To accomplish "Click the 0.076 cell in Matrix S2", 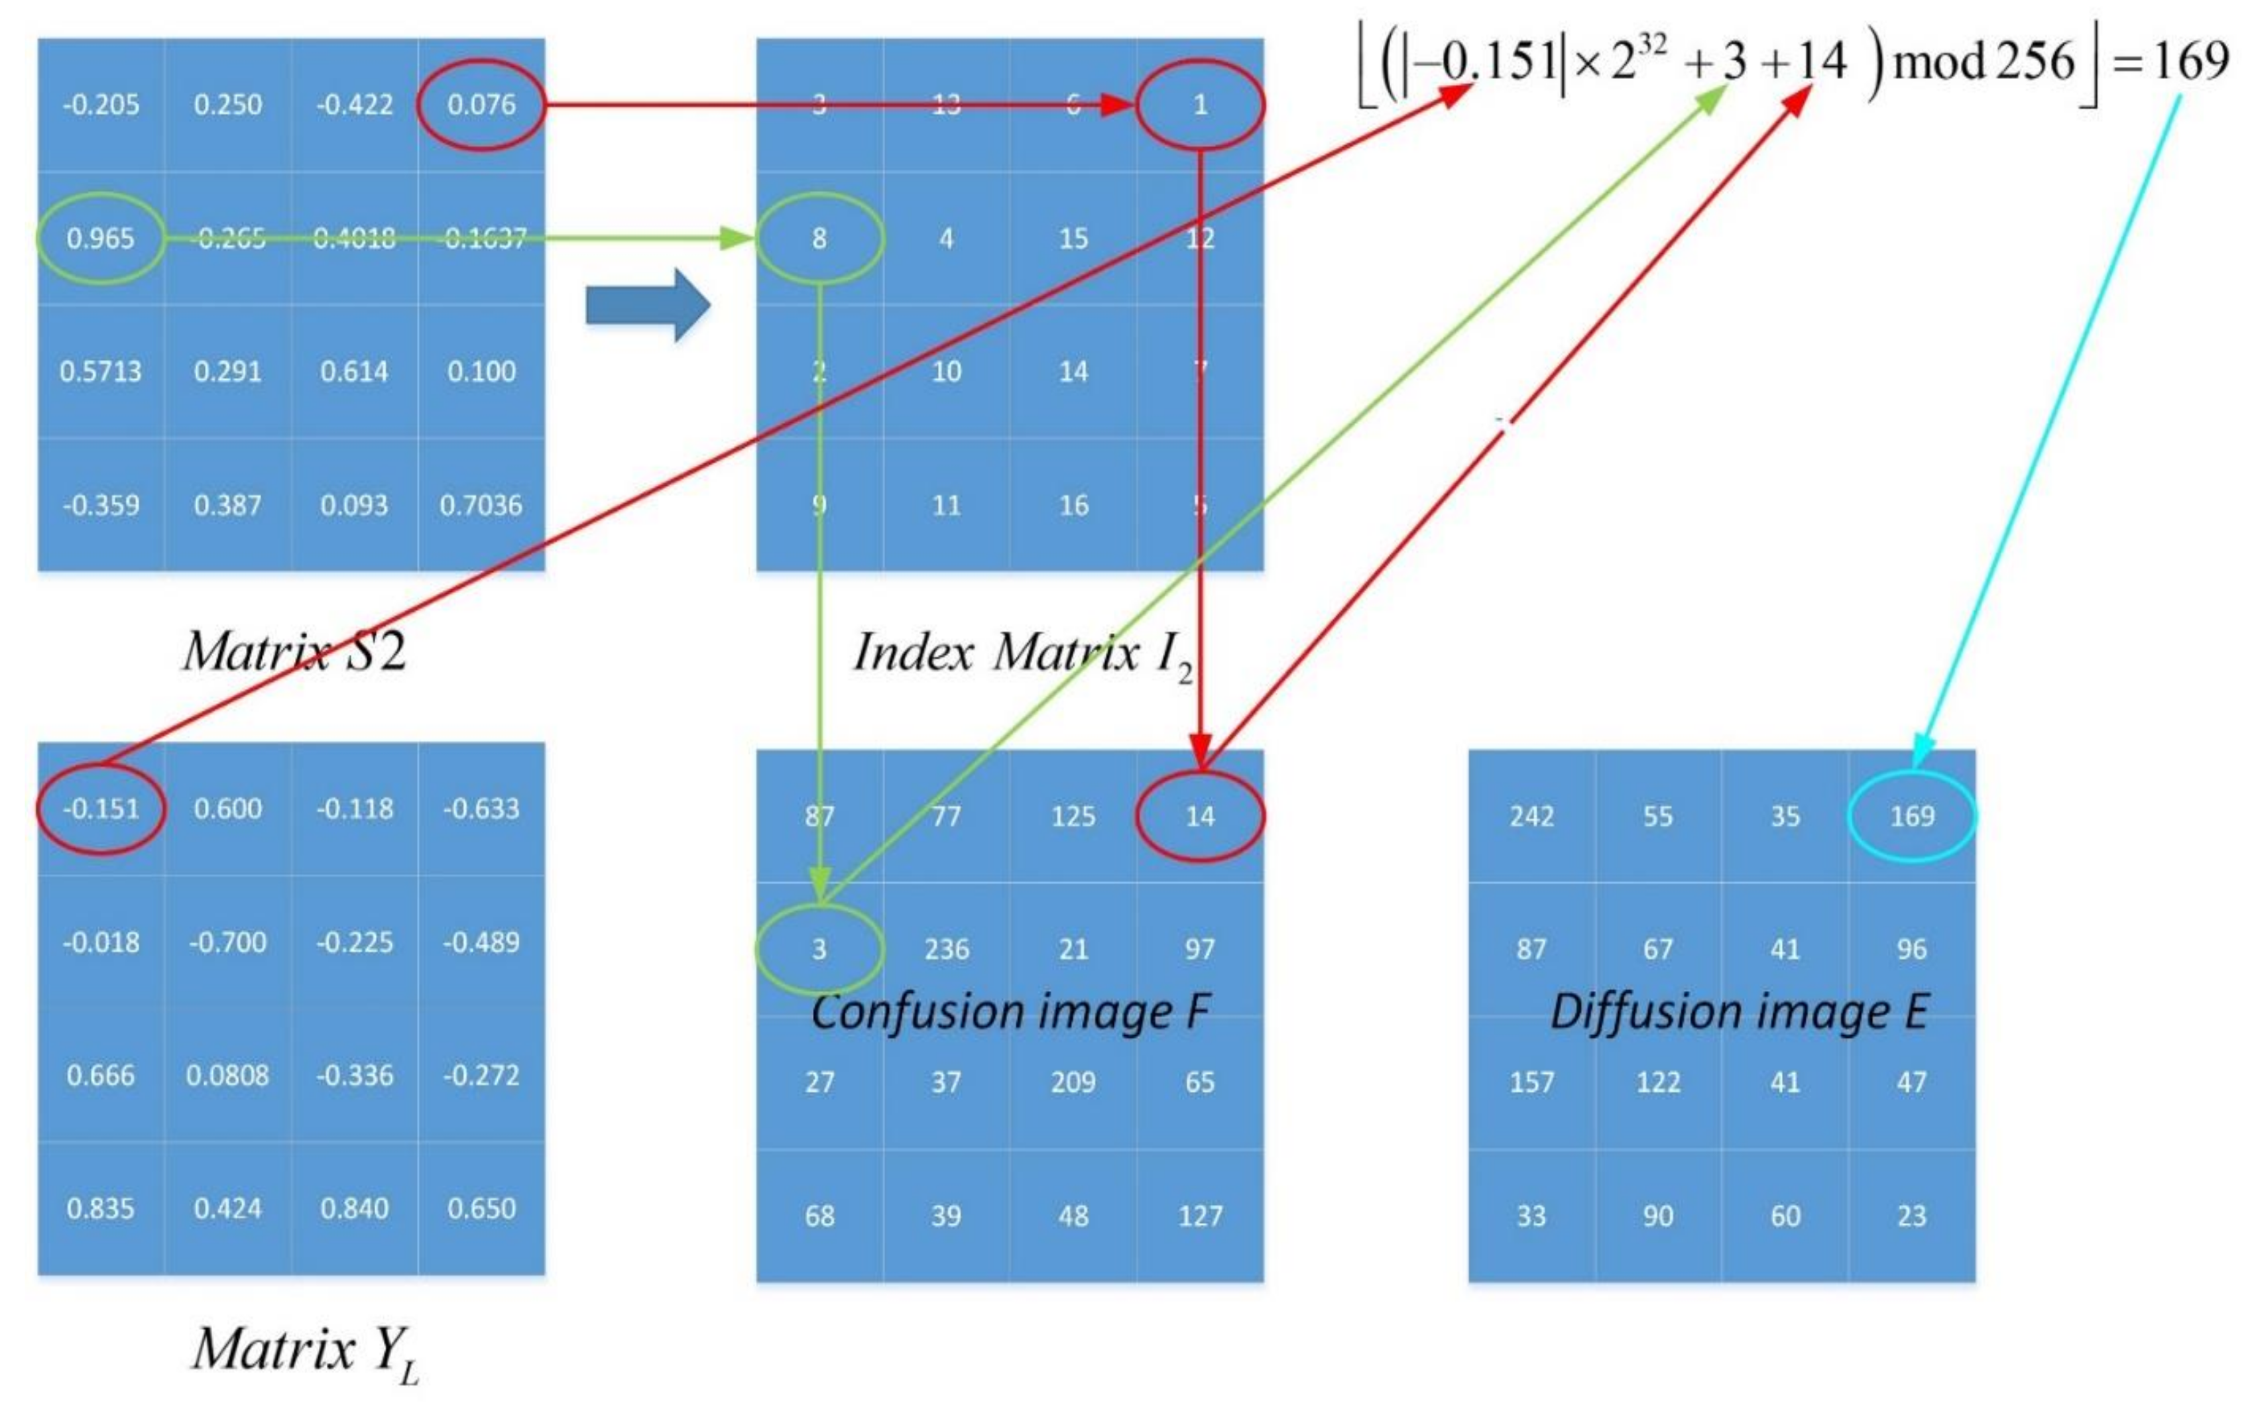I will pyautogui.click(x=481, y=104).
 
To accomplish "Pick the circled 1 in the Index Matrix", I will pyautogui.click(x=1200, y=104).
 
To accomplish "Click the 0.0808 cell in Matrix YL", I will pyautogui.click(x=227, y=1075).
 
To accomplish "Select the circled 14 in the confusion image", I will pyautogui.click(x=1200, y=816).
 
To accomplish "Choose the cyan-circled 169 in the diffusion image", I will pyautogui.click(x=1911, y=816).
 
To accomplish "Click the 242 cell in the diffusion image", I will pyautogui.click(x=1531, y=816).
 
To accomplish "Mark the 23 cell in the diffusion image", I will pyautogui.click(x=1911, y=1215).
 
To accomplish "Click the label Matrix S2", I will pyautogui.click(x=294, y=651).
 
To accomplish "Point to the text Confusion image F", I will pyautogui.click(x=1009, y=1012).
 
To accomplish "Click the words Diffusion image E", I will pyautogui.click(x=1738, y=1012).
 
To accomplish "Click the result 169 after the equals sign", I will pyautogui.click(x=2190, y=61).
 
